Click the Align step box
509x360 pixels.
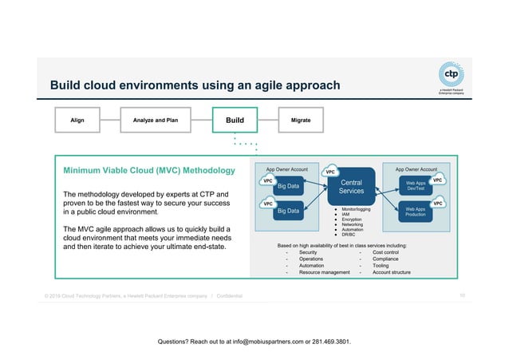click(77, 121)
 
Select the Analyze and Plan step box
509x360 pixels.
click(155, 121)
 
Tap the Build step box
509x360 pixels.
click(235, 121)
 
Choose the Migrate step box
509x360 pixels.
click(301, 121)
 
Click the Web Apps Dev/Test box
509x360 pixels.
click(415, 184)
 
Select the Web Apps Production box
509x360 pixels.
click(415, 212)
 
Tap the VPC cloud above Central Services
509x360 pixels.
click(329, 172)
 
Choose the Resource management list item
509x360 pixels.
click(325, 272)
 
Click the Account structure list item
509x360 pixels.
click(392, 272)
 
